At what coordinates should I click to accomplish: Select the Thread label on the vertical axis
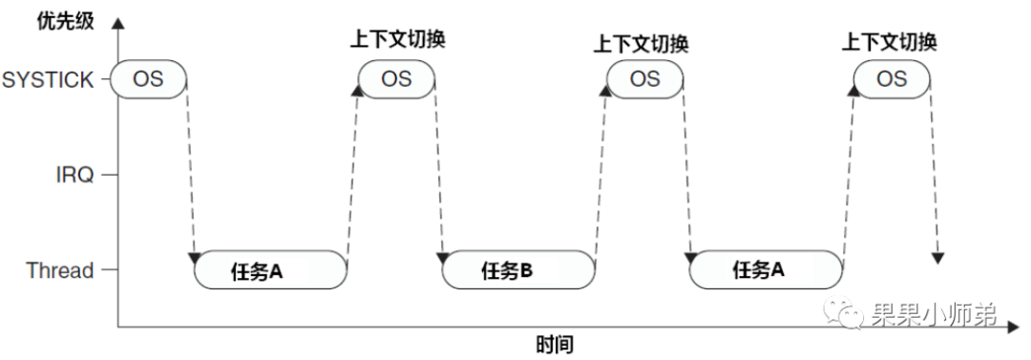[60, 271]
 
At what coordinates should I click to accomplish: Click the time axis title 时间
[555, 344]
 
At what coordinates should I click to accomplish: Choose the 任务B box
[519, 270]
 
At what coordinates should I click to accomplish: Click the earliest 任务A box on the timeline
[271, 270]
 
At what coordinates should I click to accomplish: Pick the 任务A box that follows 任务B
[767, 270]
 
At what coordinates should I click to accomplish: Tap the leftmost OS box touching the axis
[148, 79]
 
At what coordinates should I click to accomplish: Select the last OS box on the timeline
[892, 79]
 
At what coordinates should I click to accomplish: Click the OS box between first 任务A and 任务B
[396, 79]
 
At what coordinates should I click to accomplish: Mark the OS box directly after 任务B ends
[644, 79]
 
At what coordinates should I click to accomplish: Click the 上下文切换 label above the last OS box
[890, 42]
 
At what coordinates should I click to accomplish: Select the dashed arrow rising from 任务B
[601, 172]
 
